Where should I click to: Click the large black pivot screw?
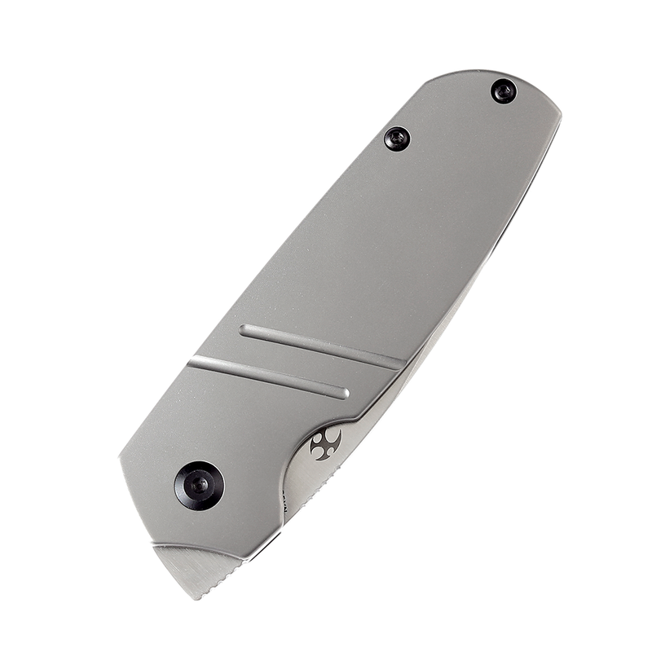199,486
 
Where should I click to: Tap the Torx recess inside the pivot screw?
199,486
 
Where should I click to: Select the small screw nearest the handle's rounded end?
504,90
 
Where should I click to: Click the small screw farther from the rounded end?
397,139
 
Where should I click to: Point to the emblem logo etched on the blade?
326,444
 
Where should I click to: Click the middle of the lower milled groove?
269,377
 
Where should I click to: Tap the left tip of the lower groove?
192,360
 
